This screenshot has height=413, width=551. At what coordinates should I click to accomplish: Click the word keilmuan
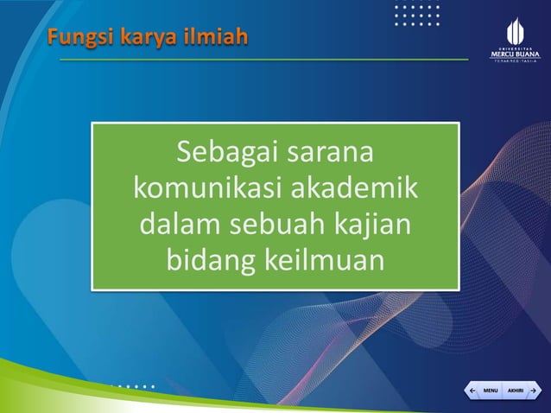pos(327,259)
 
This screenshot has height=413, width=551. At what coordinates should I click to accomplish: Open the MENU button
pos(490,391)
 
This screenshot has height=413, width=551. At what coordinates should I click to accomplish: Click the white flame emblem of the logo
pos(515,29)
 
